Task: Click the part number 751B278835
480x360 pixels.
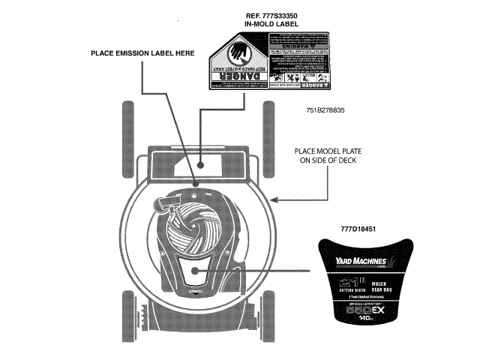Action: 325,110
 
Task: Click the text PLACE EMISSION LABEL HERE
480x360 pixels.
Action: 142,53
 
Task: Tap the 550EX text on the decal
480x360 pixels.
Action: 361,308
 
